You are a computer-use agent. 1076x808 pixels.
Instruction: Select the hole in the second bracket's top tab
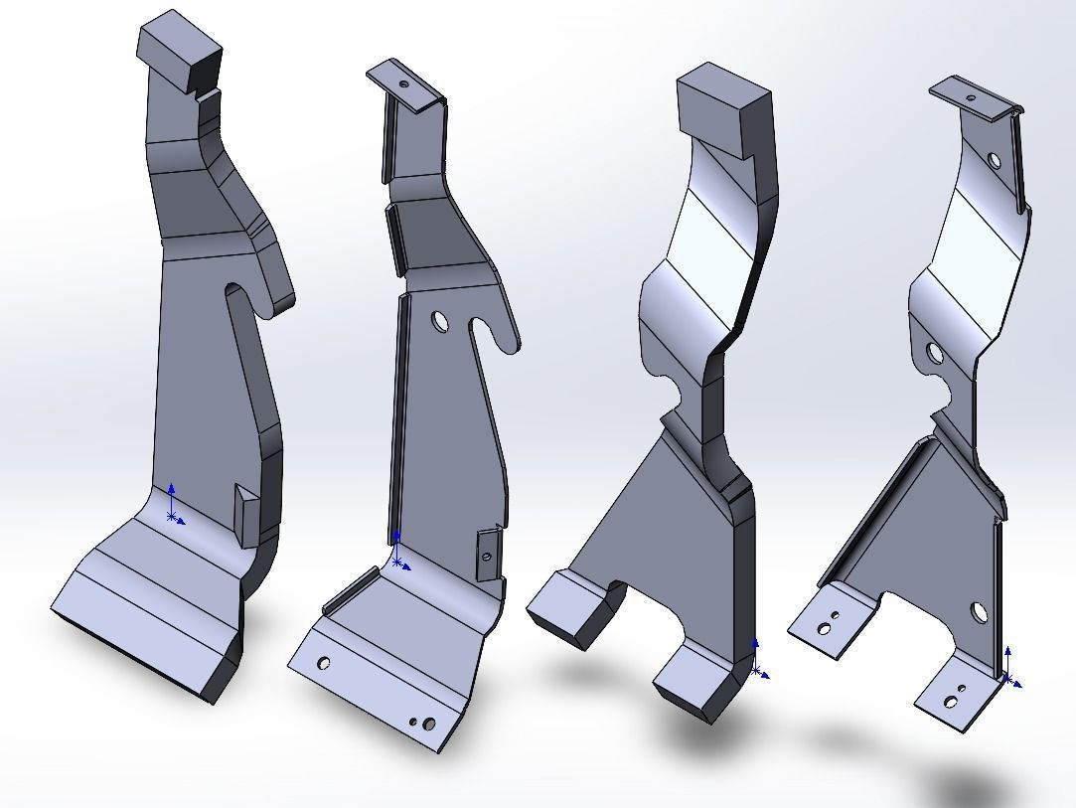[405, 85]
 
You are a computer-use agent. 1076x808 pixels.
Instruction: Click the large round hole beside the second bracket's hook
[440, 320]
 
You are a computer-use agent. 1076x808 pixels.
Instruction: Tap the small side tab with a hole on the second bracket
[486, 554]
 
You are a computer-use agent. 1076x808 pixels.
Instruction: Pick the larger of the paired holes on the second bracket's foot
[429, 724]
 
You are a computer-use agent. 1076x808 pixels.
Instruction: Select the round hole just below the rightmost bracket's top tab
[995, 159]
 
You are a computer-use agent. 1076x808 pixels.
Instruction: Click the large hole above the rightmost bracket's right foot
[980, 612]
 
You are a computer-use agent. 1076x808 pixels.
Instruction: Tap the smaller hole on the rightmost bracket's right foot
[961, 689]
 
